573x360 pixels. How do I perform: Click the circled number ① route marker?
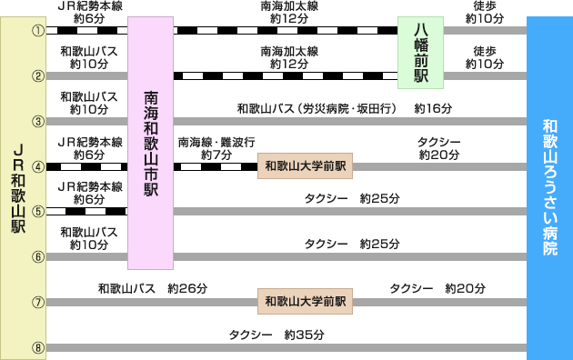38,31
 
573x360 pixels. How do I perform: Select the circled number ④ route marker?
38,167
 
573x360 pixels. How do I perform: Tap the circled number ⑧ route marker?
38,347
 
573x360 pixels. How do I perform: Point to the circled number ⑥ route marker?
38,256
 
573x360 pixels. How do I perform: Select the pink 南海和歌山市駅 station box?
150,143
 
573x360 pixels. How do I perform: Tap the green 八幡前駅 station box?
420,53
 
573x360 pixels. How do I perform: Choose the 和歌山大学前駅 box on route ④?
306,166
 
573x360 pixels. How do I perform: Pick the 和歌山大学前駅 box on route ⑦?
306,301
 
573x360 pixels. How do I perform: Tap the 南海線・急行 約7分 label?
216,147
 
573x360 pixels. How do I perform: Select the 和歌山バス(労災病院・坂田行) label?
317,108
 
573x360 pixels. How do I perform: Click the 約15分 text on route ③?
432,108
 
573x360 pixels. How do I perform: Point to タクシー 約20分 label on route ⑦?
437,288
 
